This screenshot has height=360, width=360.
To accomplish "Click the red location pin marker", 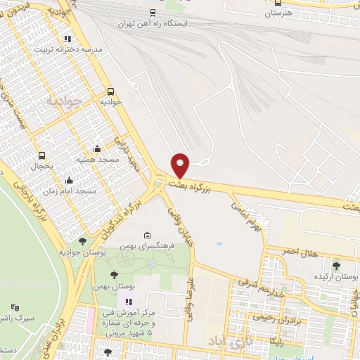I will (181, 165).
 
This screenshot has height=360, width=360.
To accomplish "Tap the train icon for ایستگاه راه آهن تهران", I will (153, 12).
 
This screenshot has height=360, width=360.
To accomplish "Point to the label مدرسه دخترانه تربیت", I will (73, 50).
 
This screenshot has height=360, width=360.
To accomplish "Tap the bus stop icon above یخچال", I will (41, 156).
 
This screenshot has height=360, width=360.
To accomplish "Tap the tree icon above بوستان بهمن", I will (114, 275).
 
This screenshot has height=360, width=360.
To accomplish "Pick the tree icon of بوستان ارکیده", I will (337, 265).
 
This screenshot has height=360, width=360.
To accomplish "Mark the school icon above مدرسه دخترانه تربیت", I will (67, 39).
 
